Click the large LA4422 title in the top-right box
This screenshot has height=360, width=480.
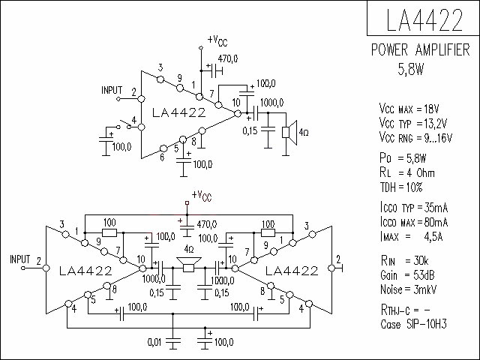[424, 19]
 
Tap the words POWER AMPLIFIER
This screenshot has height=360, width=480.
[420, 49]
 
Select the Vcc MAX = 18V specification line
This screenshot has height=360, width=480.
[409, 109]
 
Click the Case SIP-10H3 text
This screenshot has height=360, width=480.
[413, 324]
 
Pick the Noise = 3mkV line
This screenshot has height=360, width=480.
[408, 289]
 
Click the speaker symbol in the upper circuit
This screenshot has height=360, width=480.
[289, 133]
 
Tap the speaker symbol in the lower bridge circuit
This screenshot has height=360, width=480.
[189, 265]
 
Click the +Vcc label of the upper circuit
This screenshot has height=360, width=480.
[217, 40]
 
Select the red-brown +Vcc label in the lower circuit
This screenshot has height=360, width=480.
[202, 196]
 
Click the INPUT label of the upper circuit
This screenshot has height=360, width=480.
[112, 90]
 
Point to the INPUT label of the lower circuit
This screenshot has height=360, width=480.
[20, 259]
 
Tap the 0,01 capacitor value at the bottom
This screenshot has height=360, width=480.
[154, 342]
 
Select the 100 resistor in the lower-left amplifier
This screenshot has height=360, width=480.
[109, 233]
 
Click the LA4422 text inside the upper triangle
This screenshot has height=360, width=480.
[179, 113]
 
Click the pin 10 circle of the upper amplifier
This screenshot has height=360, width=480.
[238, 113]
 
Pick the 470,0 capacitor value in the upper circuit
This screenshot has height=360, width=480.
[228, 58]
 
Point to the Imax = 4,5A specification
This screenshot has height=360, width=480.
[411, 236]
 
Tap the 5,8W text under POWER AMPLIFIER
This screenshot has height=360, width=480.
[411, 69]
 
